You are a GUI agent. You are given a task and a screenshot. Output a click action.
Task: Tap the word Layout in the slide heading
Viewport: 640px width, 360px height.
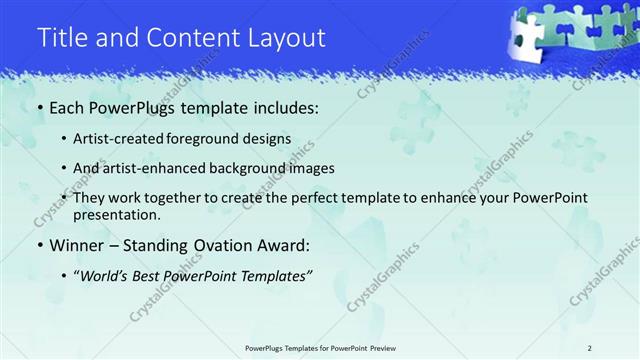(x=288, y=38)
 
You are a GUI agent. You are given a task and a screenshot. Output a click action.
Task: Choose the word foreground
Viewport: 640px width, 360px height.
(x=215, y=139)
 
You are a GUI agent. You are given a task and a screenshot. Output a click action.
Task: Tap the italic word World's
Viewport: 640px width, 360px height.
(x=108, y=276)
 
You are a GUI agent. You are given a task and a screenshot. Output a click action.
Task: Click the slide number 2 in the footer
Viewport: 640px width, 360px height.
(x=590, y=347)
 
